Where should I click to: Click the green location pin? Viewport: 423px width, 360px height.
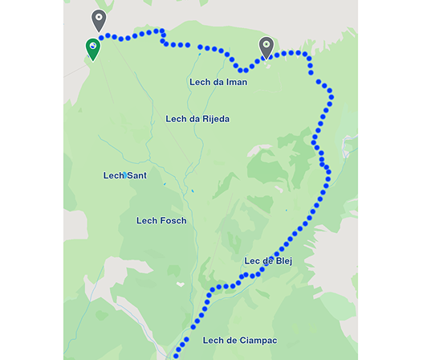click(x=94, y=48)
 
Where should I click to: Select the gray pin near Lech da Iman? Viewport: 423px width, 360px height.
click(x=266, y=47)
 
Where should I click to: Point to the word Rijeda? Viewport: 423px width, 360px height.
click(x=214, y=119)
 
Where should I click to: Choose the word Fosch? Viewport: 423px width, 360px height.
click(x=173, y=220)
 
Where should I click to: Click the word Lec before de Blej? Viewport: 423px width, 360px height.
click(x=252, y=261)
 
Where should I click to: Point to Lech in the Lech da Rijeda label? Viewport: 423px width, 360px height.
click(x=177, y=119)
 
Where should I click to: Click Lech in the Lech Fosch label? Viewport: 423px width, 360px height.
click(x=148, y=220)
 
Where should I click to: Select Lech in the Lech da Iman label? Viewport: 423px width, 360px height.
click(x=201, y=82)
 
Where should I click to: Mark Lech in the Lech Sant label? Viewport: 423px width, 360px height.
click(x=115, y=175)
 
